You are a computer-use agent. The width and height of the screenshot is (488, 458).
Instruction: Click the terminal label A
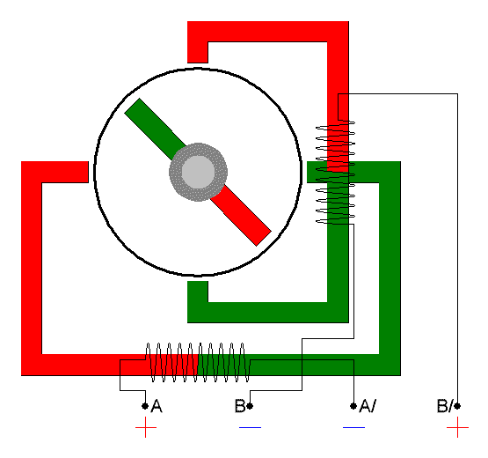[157, 406]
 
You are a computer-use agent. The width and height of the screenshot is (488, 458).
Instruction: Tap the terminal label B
[240, 406]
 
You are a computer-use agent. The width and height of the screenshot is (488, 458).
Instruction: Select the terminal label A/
[368, 406]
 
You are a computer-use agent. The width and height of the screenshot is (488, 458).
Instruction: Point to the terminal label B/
[445, 406]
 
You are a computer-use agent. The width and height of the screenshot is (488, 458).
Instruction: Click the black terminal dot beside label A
[145, 406]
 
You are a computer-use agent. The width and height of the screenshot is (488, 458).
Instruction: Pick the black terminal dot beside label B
[250, 406]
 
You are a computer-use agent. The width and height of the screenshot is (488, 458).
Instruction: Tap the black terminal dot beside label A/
[353, 406]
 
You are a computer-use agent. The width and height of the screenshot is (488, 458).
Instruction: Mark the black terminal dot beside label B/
[457, 406]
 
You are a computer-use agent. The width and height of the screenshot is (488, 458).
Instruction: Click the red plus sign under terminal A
[146, 427]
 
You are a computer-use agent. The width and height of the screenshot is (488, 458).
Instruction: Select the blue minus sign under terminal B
[250, 427]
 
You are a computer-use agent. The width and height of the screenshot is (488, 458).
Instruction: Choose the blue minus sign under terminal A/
[353, 427]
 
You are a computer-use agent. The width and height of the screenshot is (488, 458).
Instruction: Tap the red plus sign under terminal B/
[457, 427]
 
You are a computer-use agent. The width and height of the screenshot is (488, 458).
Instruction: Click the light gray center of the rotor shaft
[198, 172]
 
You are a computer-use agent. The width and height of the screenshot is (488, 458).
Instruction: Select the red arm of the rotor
[240, 215]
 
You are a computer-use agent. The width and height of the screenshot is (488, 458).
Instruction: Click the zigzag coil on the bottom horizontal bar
[198, 362]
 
